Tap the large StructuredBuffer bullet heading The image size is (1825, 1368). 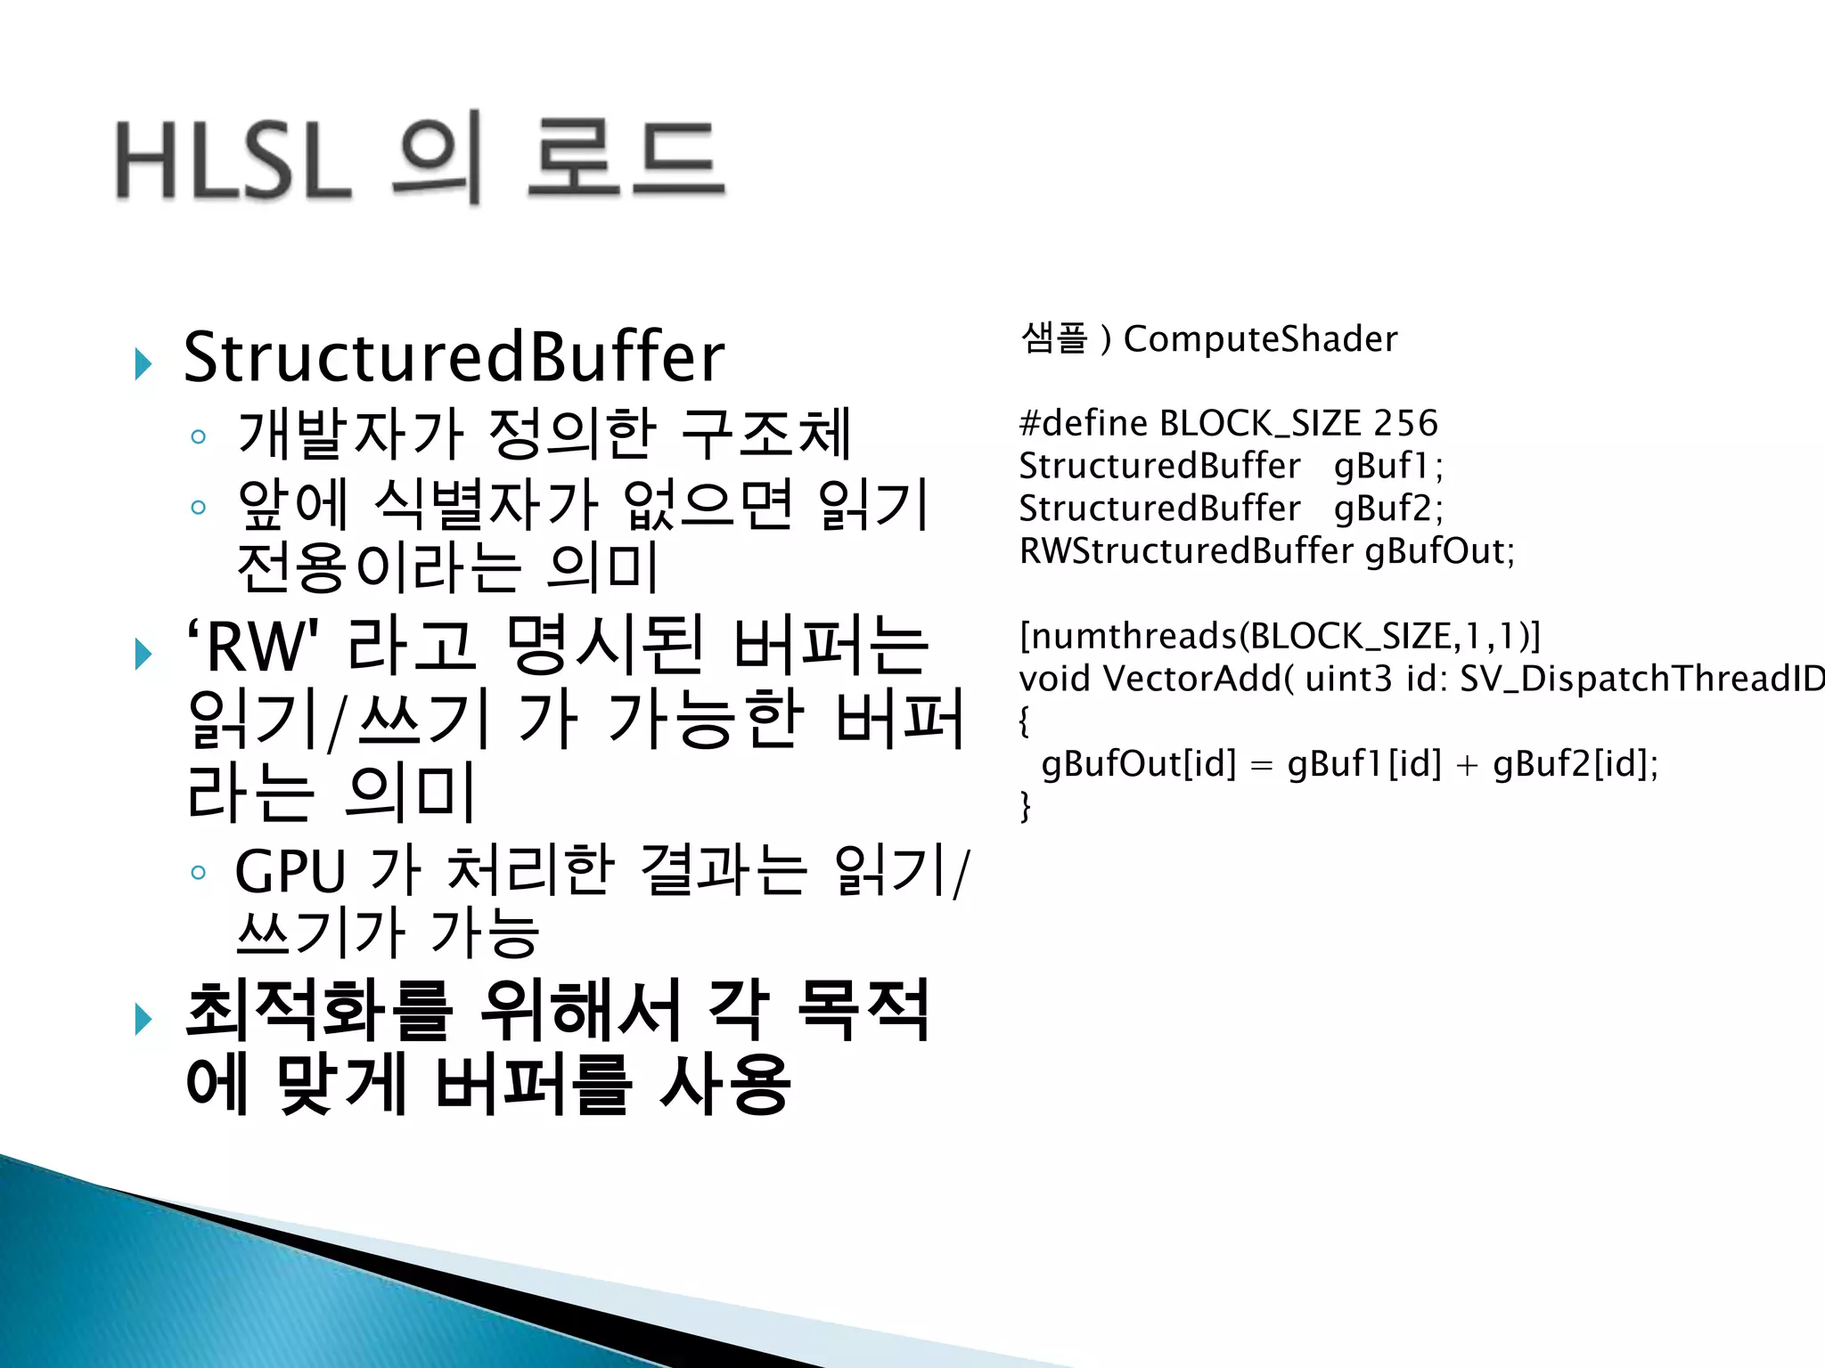(454, 357)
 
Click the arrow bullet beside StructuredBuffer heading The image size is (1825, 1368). (143, 363)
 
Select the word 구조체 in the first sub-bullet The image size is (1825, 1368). (765, 434)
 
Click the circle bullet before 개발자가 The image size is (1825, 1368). (198, 436)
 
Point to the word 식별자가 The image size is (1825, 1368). (487, 504)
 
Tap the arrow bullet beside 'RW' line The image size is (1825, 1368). (143, 654)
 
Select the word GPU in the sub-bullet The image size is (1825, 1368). (290, 871)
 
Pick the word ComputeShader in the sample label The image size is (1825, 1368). (1260, 339)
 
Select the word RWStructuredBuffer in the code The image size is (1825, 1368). (1186, 551)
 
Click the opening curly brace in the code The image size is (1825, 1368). (1025, 721)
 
